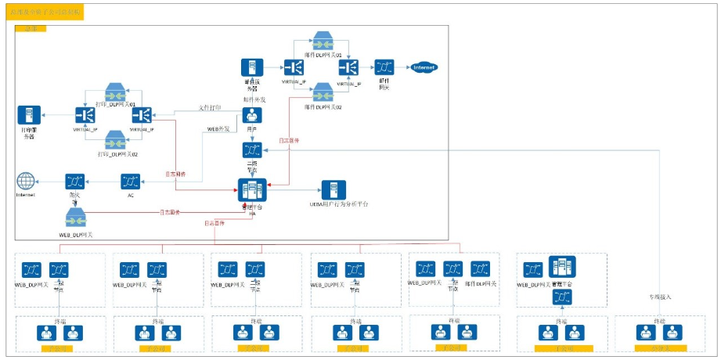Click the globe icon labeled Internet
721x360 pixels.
pyautogui.click(x=25, y=182)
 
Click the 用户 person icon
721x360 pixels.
pyautogui.click(x=251, y=115)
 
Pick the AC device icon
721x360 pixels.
pyautogui.click(x=131, y=182)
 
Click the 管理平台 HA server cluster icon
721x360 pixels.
pyautogui.click(x=251, y=189)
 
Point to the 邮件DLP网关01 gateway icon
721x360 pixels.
pyautogui.click(x=323, y=41)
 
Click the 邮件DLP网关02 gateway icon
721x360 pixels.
pyautogui.click(x=323, y=92)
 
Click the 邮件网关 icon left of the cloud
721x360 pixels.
pyautogui.click(x=384, y=68)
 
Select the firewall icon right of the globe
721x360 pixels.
pyautogui.click(x=75, y=182)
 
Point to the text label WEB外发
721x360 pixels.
pyautogui.click(x=218, y=128)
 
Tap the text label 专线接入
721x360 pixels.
pyautogui.click(x=660, y=297)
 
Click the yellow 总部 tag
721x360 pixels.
pyautogui.click(x=31, y=28)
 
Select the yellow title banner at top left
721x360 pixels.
pyautogui.click(x=45, y=13)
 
